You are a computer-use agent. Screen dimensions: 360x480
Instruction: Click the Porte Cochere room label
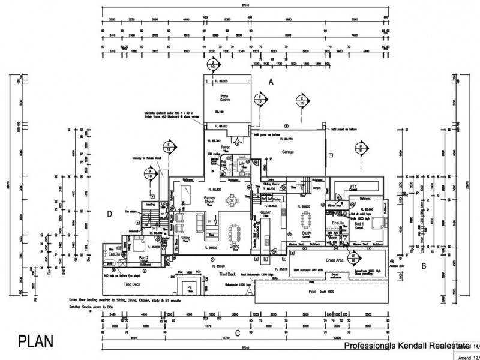[226, 98]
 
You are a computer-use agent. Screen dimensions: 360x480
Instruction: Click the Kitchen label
[266, 213]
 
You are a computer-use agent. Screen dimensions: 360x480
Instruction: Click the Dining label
[235, 247]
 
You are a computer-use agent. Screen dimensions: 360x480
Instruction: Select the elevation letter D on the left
[110, 214]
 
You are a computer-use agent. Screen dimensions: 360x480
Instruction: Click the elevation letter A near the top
[271, 81]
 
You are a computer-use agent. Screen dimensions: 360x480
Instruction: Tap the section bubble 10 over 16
[354, 259]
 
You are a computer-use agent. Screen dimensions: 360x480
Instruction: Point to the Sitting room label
[185, 238]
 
